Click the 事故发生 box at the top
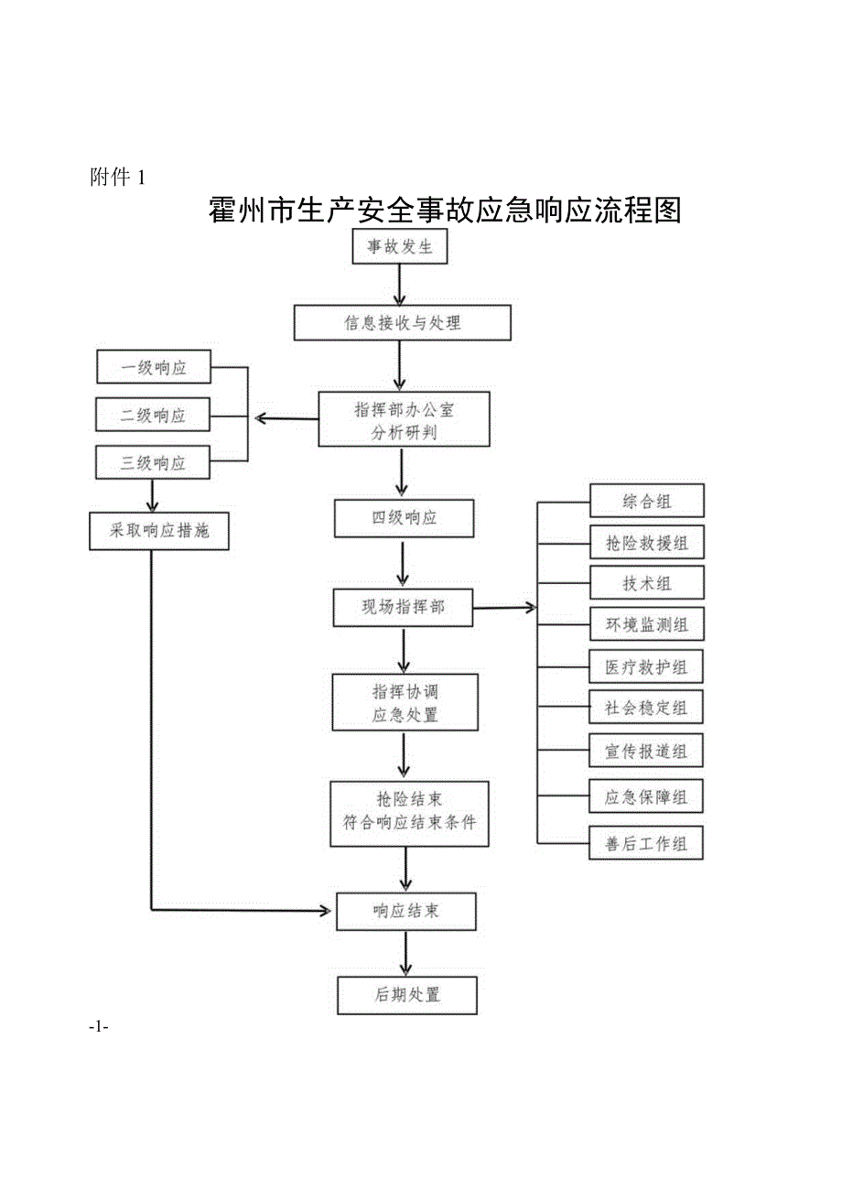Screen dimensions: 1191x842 tap(400, 247)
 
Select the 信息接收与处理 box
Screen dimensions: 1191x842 tap(402, 323)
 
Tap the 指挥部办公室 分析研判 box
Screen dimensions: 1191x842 tap(404, 420)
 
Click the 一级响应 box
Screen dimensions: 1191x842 tap(154, 369)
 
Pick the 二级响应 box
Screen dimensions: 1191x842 tap(154, 415)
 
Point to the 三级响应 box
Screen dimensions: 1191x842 tap(154, 463)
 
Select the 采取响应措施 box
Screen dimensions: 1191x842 tap(159, 531)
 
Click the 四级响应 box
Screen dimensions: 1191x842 tap(404, 518)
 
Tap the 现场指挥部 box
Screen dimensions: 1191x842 tap(404, 607)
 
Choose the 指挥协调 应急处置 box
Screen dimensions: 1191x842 tap(405, 702)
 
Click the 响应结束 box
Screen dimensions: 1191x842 tap(406, 911)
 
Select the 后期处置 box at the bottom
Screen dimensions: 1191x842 tap(407, 995)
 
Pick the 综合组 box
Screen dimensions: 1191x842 tap(646, 501)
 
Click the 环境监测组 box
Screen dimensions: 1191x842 tap(646, 626)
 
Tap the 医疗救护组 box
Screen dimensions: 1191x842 tap(646, 667)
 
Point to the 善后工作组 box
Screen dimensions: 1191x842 tap(646, 842)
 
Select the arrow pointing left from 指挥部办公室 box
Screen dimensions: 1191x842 tap(286, 419)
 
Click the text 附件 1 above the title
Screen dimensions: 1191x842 tap(118, 178)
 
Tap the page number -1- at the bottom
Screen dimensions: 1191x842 tap(100, 1027)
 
